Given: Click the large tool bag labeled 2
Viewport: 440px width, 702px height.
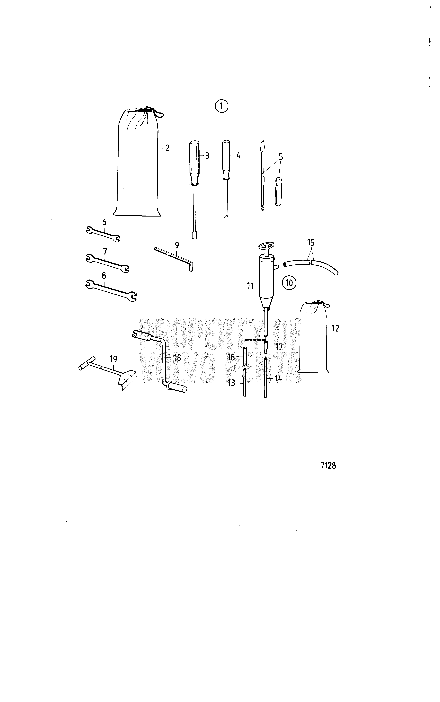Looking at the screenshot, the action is (x=137, y=163).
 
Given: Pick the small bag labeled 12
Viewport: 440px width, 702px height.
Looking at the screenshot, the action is (x=314, y=337).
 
